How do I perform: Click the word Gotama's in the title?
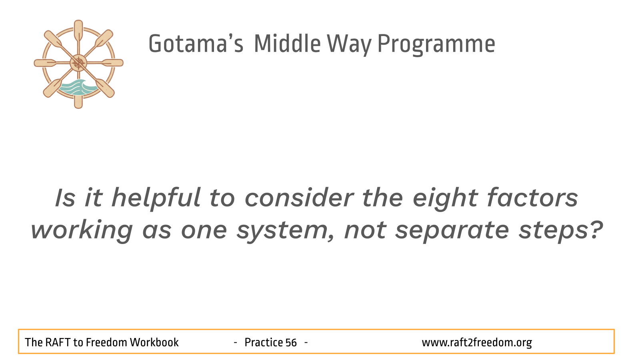(x=196, y=44)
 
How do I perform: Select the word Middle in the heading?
(x=287, y=44)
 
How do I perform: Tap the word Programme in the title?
(x=436, y=45)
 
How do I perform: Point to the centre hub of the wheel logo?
(x=78, y=63)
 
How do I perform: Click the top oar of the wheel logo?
(x=78, y=32)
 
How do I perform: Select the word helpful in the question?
(x=156, y=199)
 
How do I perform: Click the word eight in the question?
(x=446, y=199)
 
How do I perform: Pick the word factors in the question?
(x=532, y=198)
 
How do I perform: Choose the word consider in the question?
(x=299, y=198)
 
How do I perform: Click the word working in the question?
(x=82, y=231)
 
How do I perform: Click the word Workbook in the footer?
(x=154, y=342)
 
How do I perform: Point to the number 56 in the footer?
(x=291, y=342)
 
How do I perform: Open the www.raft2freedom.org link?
(x=477, y=343)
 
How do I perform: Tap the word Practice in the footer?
(x=263, y=342)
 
